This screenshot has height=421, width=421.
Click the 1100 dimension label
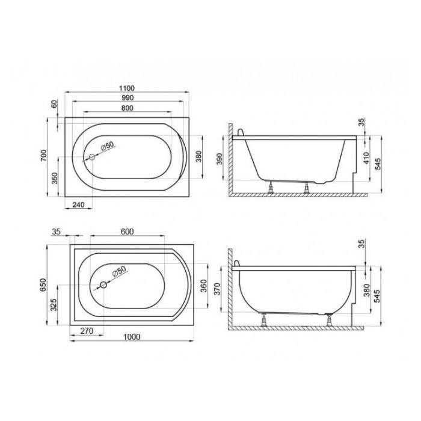(x=127, y=88)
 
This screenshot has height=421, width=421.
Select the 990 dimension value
(x=128, y=97)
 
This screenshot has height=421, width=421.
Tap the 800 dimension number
(x=128, y=108)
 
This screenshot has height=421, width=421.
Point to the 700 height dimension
(x=43, y=155)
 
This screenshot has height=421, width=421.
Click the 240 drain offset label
(x=79, y=204)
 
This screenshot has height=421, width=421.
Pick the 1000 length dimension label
(x=132, y=337)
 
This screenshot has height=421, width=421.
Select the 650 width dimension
(x=43, y=285)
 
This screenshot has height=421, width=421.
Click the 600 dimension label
(x=128, y=232)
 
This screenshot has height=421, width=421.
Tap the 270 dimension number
(x=87, y=331)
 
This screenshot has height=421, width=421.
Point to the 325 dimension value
(x=54, y=305)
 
